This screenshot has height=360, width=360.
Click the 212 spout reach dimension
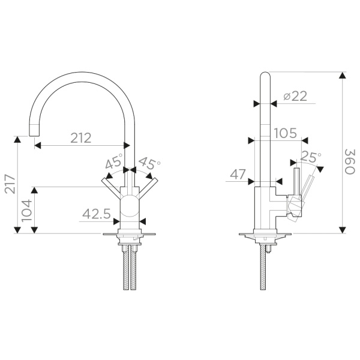pos(81,138)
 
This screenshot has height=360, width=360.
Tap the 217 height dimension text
pos(10,184)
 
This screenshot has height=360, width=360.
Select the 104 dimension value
pos(26,211)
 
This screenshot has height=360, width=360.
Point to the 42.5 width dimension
pos(97,214)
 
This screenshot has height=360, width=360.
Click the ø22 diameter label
pos(295,96)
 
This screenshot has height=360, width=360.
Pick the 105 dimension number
pos(286,133)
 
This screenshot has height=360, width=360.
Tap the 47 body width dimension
pos(238,175)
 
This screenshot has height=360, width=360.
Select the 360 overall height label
pos(350,161)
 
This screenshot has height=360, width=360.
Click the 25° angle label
pos(311,157)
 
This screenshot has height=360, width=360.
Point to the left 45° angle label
pos(114,161)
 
